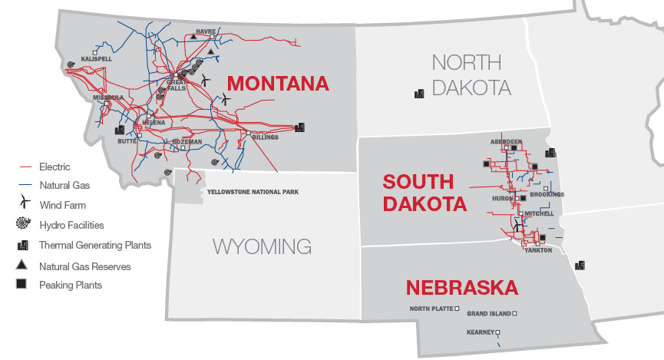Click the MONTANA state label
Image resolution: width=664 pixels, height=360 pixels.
point(278,83)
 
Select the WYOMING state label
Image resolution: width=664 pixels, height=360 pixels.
point(262,246)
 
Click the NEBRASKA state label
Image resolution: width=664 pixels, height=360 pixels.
point(461,288)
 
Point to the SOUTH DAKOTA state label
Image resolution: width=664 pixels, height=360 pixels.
point(424,193)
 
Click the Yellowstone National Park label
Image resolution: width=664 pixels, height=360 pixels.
point(253,192)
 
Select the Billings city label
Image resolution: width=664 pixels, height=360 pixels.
point(265,137)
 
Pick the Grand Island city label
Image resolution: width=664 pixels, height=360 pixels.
point(488,314)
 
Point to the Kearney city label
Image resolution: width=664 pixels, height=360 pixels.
point(480,332)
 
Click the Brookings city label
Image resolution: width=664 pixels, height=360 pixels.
point(547,195)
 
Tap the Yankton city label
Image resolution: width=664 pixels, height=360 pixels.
point(537,250)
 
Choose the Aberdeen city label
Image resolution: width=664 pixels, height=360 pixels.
point(506,142)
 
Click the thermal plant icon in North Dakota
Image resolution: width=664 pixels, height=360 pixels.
point(419,93)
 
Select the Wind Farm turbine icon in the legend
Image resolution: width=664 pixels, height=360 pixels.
point(25,204)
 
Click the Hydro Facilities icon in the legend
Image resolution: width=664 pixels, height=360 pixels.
point(25,225)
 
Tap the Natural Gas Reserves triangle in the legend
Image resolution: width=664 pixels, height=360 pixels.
point(25,266)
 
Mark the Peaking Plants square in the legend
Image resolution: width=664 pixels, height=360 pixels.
point(25,285)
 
